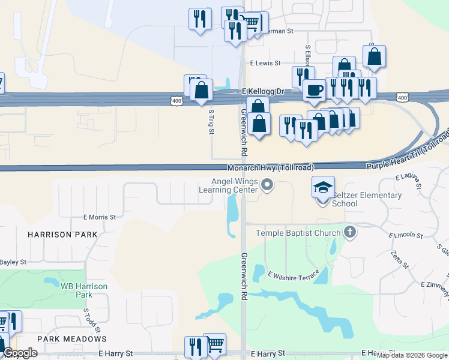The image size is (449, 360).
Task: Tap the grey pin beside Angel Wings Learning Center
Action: pos(268,187)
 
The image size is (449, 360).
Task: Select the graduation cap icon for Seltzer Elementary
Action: pos(323,187)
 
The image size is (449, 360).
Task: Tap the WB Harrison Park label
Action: pos(84,290)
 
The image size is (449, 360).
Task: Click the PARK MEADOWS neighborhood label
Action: pos(71,339)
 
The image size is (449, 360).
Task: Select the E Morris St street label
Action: pos(99,217)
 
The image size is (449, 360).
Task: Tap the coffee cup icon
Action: pos(313,90)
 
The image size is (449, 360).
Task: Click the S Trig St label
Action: pos(211,122)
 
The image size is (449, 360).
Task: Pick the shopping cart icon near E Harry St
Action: pos(215,343)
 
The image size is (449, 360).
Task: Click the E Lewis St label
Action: pos(266,62)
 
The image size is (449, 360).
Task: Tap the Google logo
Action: pos(20,353)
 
